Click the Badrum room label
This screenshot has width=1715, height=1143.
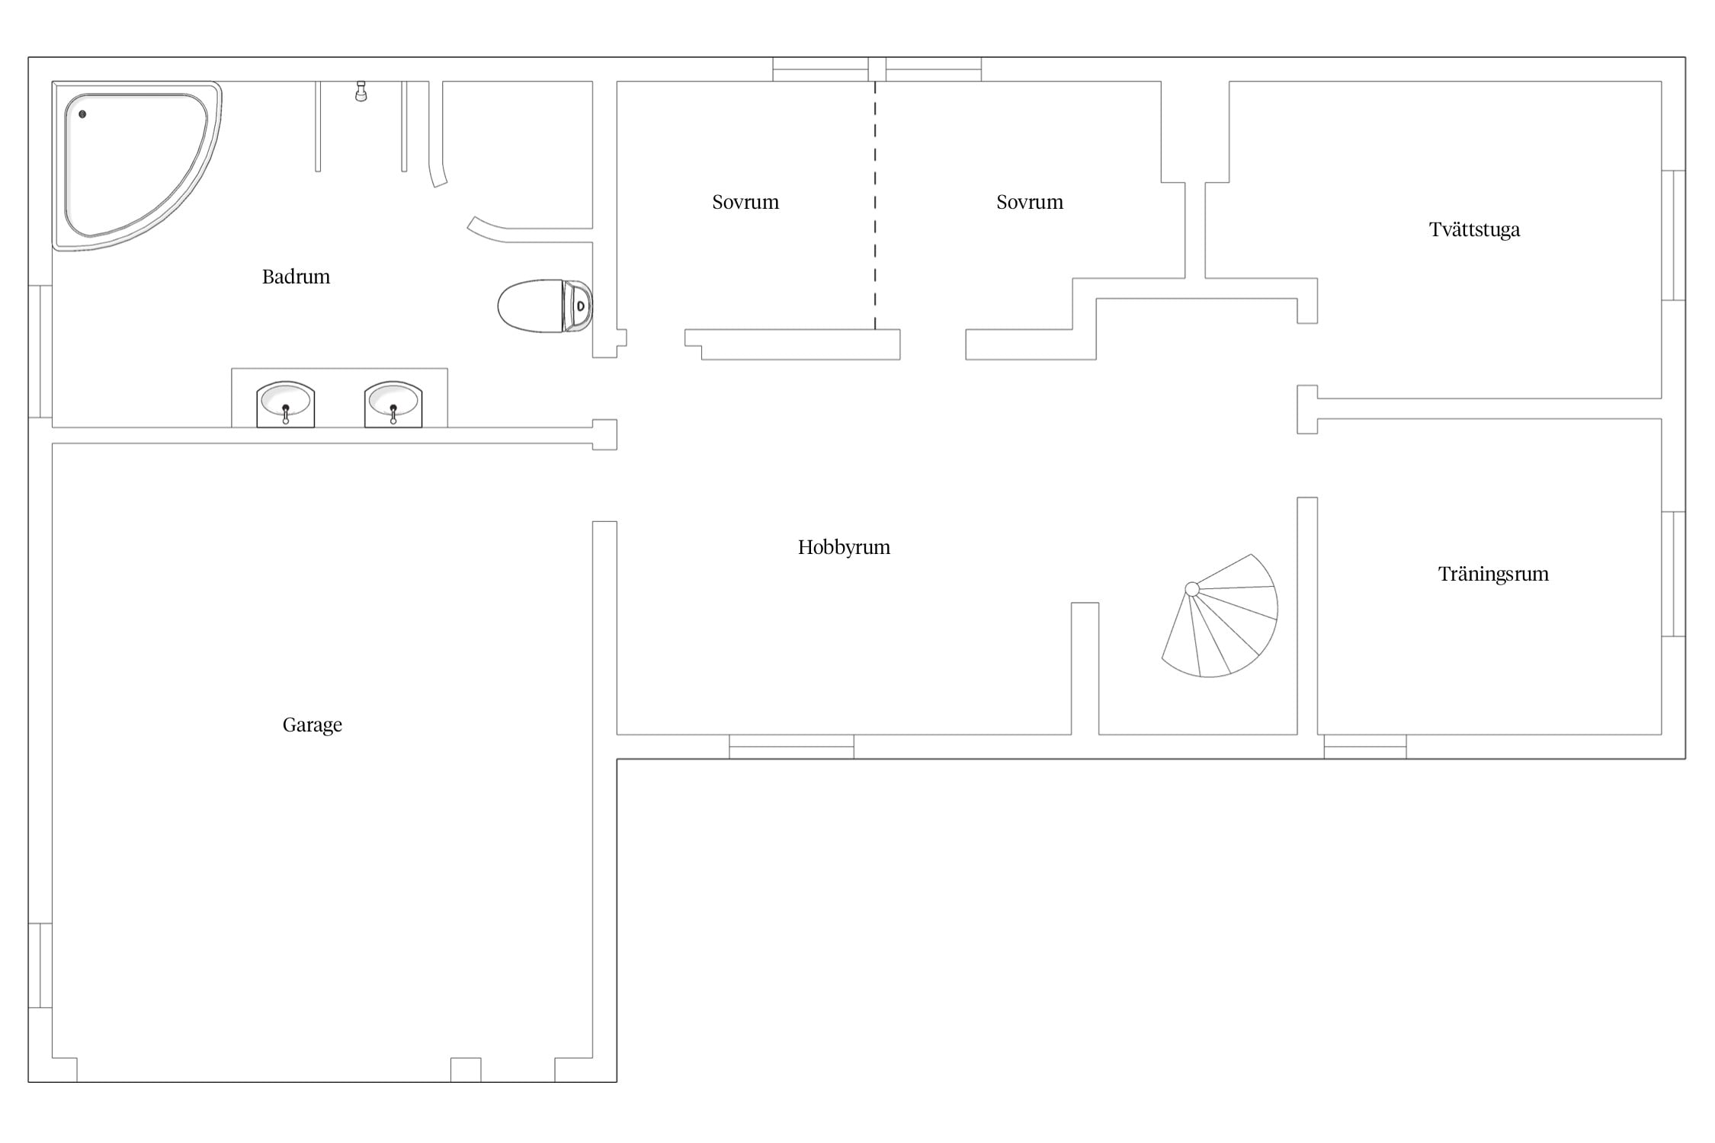click(x=296, y=277)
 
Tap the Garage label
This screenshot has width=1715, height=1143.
click(x=312, y=725)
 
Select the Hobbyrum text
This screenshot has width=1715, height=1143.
click(x=844, y=547)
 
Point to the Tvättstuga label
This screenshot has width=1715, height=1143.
click(x=1474, y=229)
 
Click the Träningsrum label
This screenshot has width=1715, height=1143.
click(x=1493, y=574)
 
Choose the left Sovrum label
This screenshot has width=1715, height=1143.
click(x=745, y=202)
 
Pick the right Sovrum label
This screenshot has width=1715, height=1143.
click(x=1030, y=202)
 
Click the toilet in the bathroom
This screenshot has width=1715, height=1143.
click(x=545, y=306)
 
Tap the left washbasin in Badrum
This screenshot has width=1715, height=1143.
click(x=286, y=404)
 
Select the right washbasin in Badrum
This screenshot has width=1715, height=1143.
click(x=393, y=404)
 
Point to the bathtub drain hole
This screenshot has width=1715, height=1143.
click(x=82, y=114)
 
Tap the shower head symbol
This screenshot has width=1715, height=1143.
click(x=361, y=91)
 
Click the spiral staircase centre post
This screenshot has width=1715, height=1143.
click(x=1192, y=589)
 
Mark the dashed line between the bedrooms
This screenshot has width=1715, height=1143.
click(x=875, y=205)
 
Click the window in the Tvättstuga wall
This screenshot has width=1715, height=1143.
click(x=1673, y=235)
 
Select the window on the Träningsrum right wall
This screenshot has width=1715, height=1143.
click(x=1673, y=574)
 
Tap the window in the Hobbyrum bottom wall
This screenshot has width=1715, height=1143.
click(x=791, y=747)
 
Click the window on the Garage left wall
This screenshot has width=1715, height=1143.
click(x=40, y=965)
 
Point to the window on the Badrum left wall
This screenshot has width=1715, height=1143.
click(x=40, y=351)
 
